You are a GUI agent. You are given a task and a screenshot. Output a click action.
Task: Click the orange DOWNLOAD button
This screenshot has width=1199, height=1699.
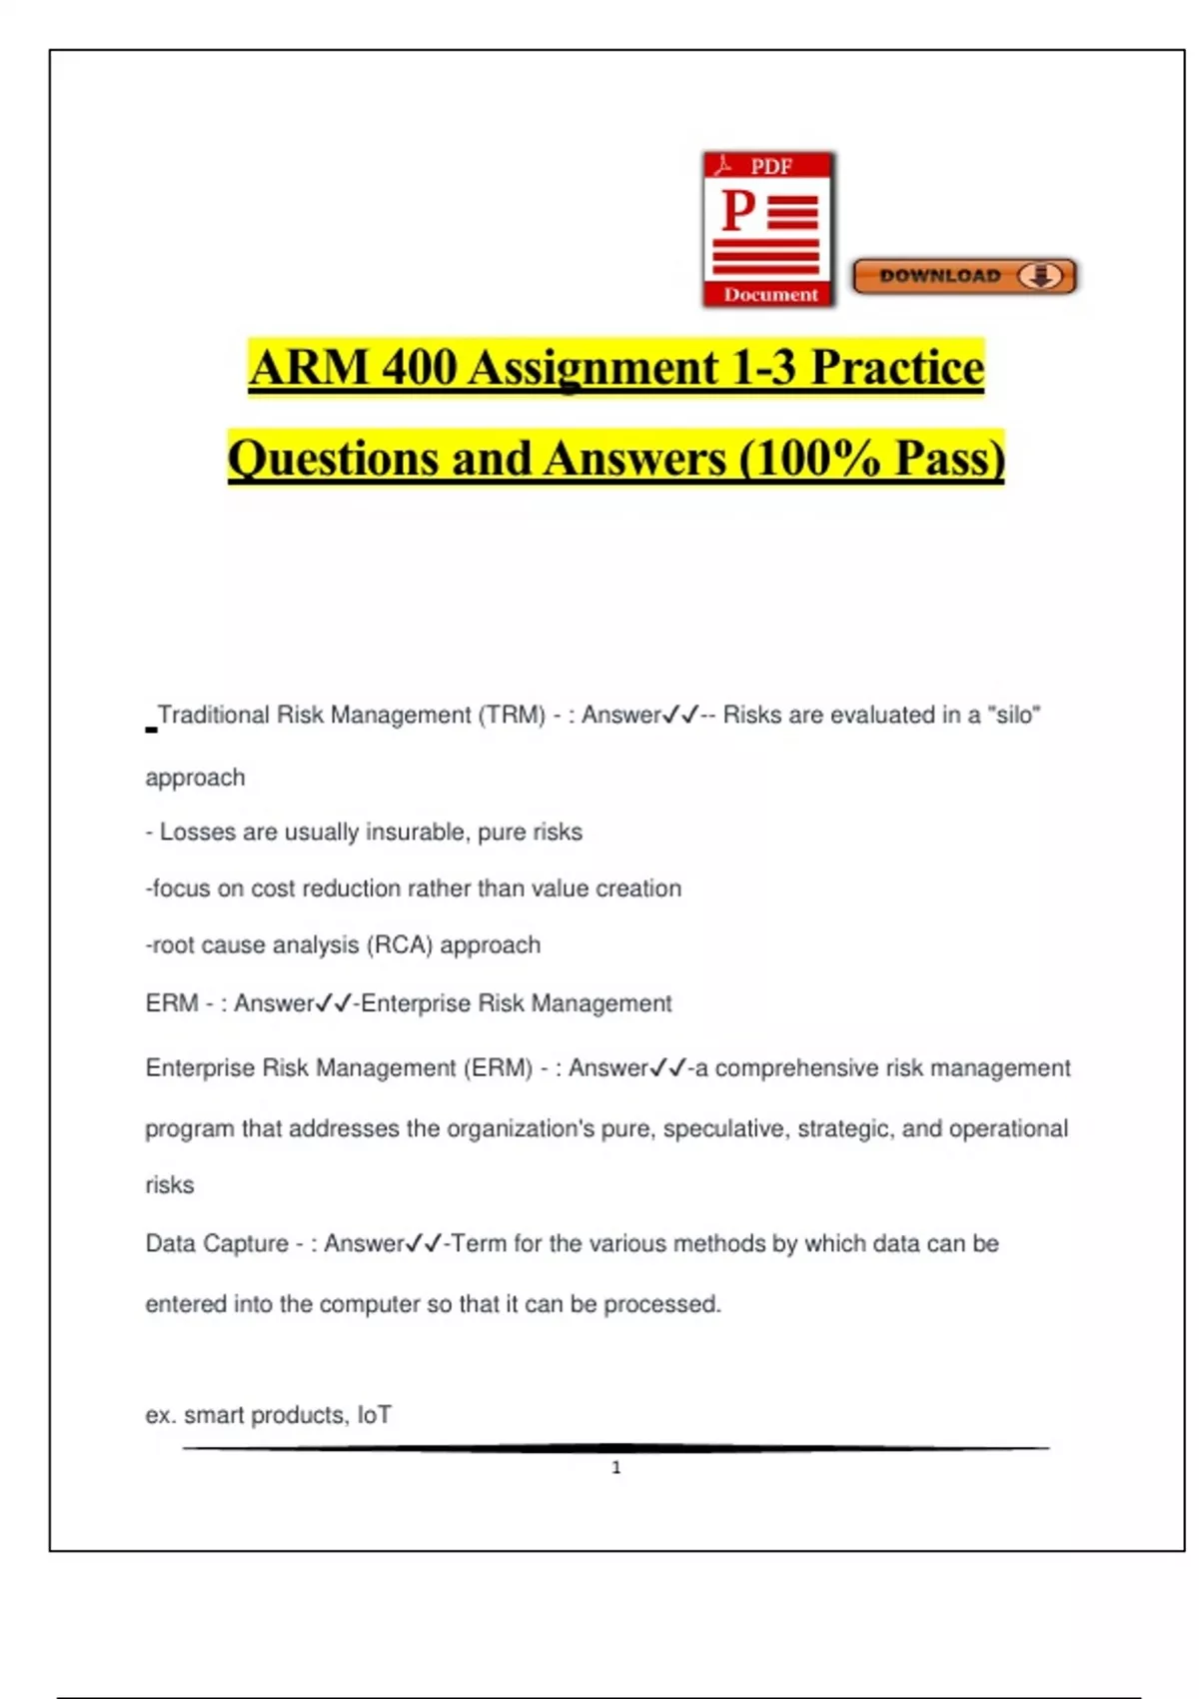click(x=963, y=276)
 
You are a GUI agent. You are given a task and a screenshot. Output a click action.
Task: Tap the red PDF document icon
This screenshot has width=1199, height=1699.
click(x=768, y=229)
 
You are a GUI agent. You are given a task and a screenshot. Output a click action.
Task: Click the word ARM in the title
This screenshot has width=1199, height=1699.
click(x=310, y=367)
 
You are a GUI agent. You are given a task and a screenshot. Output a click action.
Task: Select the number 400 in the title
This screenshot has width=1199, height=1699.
click(x=419, y=367)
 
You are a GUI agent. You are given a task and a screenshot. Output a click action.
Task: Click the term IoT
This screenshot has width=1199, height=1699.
click(x=375, y=1415)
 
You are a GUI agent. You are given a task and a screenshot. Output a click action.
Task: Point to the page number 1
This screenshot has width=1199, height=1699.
click(x=616, y=1467)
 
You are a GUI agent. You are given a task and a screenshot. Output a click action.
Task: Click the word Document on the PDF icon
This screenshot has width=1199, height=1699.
click(x=770, y=295)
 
